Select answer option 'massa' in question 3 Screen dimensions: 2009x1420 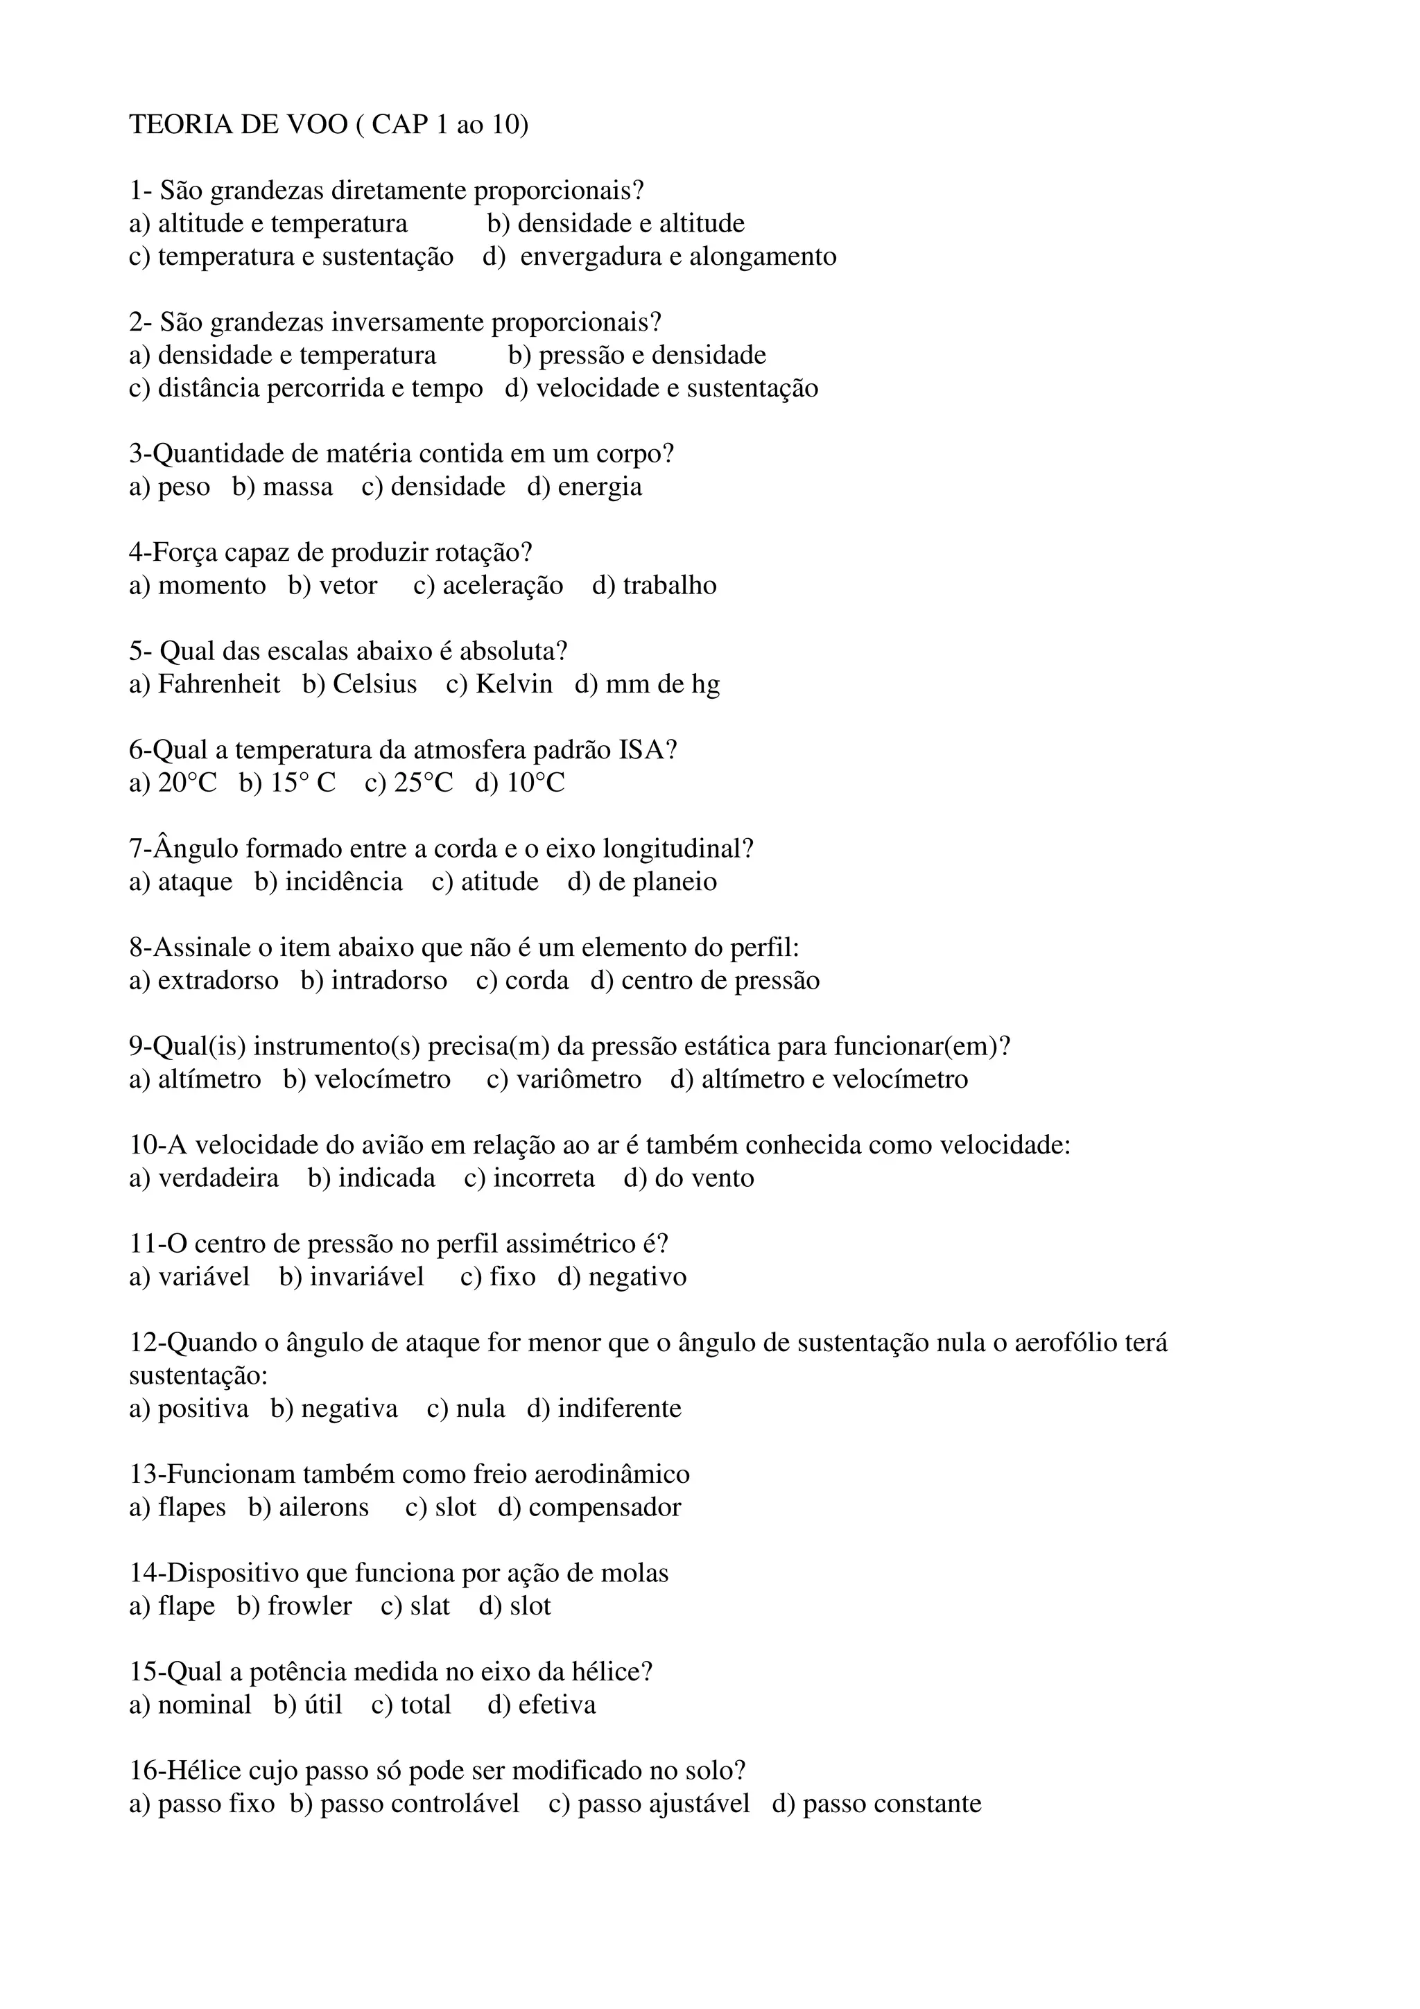click(x=297, y=487)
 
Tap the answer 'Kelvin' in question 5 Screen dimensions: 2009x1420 click(x=514, y=684)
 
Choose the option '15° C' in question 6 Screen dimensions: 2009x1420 click(x=303, y=782)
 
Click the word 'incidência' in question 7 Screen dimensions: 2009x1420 click(x=344, y=881)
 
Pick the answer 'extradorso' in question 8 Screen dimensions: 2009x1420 click(x=218, y=980)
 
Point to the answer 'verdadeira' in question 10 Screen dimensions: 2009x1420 click(x=218, y=1178)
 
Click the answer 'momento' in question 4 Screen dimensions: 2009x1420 click(x=211, y=585)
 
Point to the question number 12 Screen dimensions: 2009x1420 click(x=144, y=1342)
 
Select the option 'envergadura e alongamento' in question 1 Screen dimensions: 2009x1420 click(x=678, y=256)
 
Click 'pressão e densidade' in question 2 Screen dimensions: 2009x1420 click(x=652, y=355)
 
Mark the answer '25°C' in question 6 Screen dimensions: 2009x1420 click(x=424, y=782)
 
